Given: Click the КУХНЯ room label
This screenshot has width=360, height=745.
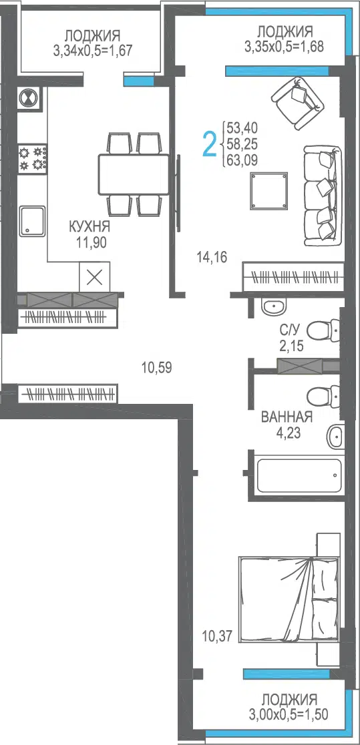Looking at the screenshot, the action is coord(89,226).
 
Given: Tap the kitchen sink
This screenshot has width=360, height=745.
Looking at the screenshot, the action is coord(32,220).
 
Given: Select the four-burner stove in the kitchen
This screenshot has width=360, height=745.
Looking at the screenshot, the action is coord(32,159).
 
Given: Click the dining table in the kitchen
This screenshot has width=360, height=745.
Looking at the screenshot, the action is coord(134,174).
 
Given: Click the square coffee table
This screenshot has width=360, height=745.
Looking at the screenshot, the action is coord(270,191).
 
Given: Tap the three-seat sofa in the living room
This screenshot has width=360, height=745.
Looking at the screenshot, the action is coord(322,196).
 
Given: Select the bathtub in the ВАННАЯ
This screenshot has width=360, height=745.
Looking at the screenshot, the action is coord(299,475).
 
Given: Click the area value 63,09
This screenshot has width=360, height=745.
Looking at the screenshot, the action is coord(242,160).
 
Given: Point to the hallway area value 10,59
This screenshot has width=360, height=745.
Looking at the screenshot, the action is coord(156,366).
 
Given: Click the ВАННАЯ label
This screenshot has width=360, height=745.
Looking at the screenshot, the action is coord(287,418).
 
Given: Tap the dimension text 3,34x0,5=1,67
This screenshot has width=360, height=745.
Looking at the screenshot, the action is coord(93,50).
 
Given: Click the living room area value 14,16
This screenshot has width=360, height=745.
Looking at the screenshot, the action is coord(212,258).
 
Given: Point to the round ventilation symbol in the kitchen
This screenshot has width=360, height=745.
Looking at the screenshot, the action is coord(29,98).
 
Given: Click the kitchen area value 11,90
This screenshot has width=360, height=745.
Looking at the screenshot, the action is coord(91,242).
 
